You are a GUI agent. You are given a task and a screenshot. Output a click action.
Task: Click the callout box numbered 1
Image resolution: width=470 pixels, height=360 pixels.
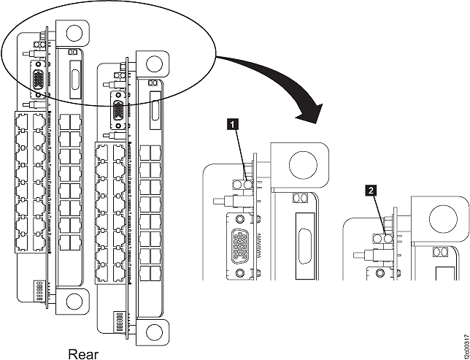tap(233, 125)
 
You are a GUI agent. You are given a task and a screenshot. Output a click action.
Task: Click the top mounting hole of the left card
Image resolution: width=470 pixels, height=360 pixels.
tap(74, 34)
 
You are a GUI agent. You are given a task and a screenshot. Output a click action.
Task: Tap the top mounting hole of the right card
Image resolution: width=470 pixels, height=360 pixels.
tap(154, 64)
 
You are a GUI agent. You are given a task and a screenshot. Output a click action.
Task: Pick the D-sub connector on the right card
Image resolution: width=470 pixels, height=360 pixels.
tap(117, 110)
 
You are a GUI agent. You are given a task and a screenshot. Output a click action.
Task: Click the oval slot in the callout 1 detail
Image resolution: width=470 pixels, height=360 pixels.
tap(304, 245)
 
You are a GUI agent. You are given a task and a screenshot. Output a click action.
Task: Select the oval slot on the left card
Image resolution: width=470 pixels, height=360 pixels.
tap(73, 77)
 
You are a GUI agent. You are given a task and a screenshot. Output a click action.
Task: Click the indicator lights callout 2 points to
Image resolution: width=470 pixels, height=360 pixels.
tap(383, 238)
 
